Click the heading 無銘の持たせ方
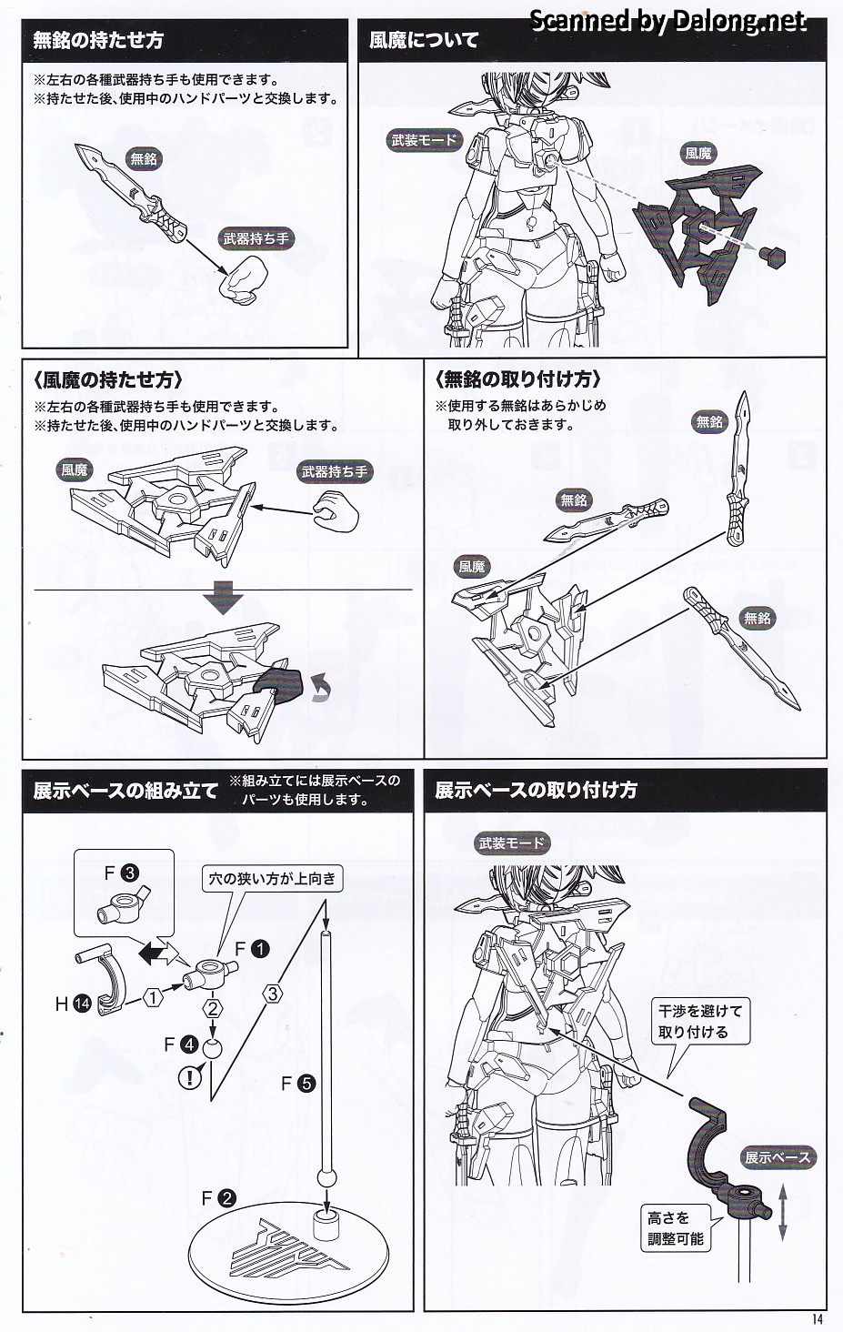(x=99, y=41)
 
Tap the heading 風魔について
(x=424, y=41)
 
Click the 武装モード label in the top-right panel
(x=425, y=140)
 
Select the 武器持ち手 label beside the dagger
(x=256, y=239)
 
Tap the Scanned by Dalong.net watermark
(x=667, y=20)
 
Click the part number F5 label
(x=297, y=1083)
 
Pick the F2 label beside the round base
(x=218, y=1198)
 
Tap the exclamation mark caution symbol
(x=190, y=1078)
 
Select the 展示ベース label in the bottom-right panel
(x=778, y=1157)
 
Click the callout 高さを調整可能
(x=675, y=1228)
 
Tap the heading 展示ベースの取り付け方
(x=536, y=790)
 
